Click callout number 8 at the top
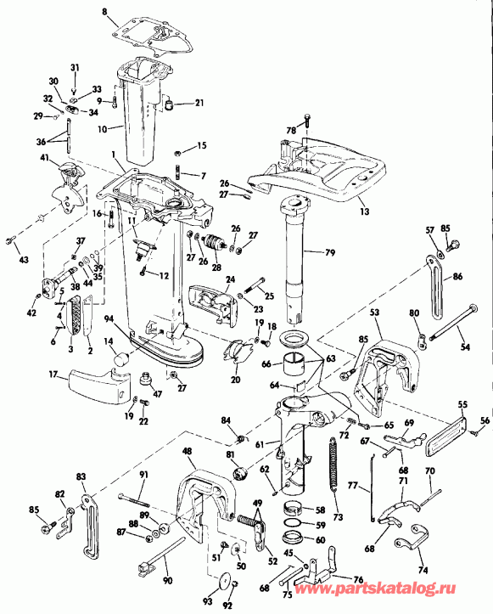pos(104,11)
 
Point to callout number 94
pos(109,319)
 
